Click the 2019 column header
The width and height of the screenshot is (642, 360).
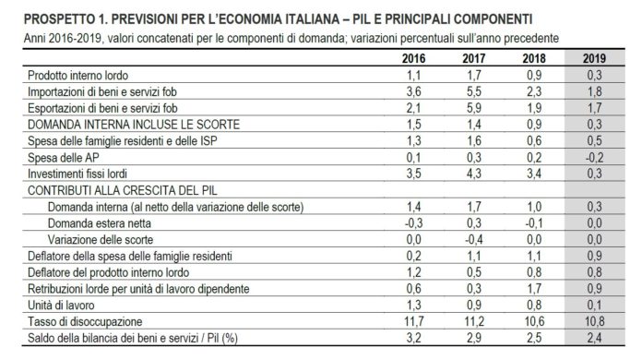[x=594, y=58]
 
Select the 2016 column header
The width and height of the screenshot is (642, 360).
[x=413, y=58]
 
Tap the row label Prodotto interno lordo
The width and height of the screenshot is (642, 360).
[x=77, y=76]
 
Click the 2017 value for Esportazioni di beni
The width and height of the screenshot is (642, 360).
[x=474, y=108]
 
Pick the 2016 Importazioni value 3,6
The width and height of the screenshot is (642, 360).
[x=413, y=91]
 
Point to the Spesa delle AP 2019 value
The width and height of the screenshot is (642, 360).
[x=594, y=157]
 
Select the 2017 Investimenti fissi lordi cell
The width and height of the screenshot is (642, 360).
[x=474, y=174]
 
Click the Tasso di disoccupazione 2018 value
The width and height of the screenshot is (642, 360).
[x=534, y=321]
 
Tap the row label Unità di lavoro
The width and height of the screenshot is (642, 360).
[x=61, y=306]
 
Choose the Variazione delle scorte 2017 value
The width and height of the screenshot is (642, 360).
[x=474, y=240]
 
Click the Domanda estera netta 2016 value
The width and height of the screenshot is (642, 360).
[x=413, y=223]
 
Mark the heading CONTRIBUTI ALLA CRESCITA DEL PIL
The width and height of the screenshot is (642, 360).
[x=123, y=190]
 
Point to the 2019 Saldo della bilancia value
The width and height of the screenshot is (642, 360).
[x=594, y=338]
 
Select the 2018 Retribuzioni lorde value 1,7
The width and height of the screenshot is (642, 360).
[x=534, y=289]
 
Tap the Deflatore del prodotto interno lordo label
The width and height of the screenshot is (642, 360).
[x=109, y=272]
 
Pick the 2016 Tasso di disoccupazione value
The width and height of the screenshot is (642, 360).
[x=413, y=321]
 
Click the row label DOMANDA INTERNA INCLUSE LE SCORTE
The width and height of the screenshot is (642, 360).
[x=134, y=125]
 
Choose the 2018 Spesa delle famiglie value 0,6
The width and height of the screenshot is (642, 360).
[x=534, y=141]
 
